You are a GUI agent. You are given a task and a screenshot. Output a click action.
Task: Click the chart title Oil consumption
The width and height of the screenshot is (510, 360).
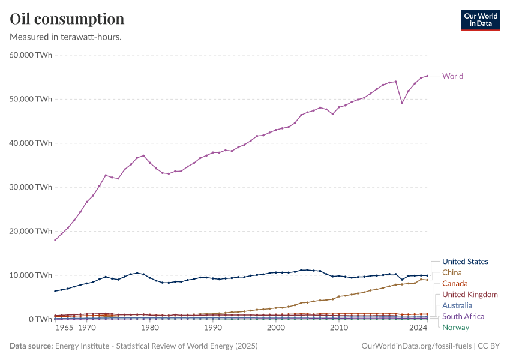67,19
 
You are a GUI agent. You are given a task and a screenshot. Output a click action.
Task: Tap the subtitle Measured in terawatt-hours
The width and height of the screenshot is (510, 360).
66,37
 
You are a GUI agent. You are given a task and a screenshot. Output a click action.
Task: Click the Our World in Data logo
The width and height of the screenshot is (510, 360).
480,20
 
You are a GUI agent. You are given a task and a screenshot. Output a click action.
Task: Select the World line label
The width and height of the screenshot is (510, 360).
452,76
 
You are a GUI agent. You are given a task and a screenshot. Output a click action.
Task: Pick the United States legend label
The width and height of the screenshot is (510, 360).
465,262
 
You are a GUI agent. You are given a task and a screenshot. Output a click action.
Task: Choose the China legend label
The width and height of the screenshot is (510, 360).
452,272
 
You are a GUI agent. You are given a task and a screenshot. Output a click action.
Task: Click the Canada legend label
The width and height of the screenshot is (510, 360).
455,283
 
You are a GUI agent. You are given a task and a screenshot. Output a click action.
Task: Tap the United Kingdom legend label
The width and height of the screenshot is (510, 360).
470,295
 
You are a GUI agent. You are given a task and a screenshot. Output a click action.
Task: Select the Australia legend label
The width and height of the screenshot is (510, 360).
457,305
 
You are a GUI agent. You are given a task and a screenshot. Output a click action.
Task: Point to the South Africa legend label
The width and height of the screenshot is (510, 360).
463,316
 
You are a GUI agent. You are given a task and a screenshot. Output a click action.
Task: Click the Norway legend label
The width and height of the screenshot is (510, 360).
455,328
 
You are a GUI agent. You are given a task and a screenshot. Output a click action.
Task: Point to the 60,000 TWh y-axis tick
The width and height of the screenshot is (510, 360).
30,55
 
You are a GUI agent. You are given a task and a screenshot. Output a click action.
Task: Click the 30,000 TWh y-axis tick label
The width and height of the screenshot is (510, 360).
30,187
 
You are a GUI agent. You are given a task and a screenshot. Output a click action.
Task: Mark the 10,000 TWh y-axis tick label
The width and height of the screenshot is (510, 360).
30,275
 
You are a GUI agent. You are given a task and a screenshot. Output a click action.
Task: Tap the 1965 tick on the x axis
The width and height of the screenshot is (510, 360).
64,328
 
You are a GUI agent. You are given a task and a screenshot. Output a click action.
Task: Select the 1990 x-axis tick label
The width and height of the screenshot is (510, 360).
212,328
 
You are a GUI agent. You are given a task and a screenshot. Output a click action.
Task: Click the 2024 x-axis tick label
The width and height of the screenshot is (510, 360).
418,328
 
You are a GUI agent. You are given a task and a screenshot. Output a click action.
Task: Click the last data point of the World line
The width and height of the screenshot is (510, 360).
427,76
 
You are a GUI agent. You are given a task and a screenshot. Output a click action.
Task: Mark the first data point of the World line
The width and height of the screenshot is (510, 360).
55,240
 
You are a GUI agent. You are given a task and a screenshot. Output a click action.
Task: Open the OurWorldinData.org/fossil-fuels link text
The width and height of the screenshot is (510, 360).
416,346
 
